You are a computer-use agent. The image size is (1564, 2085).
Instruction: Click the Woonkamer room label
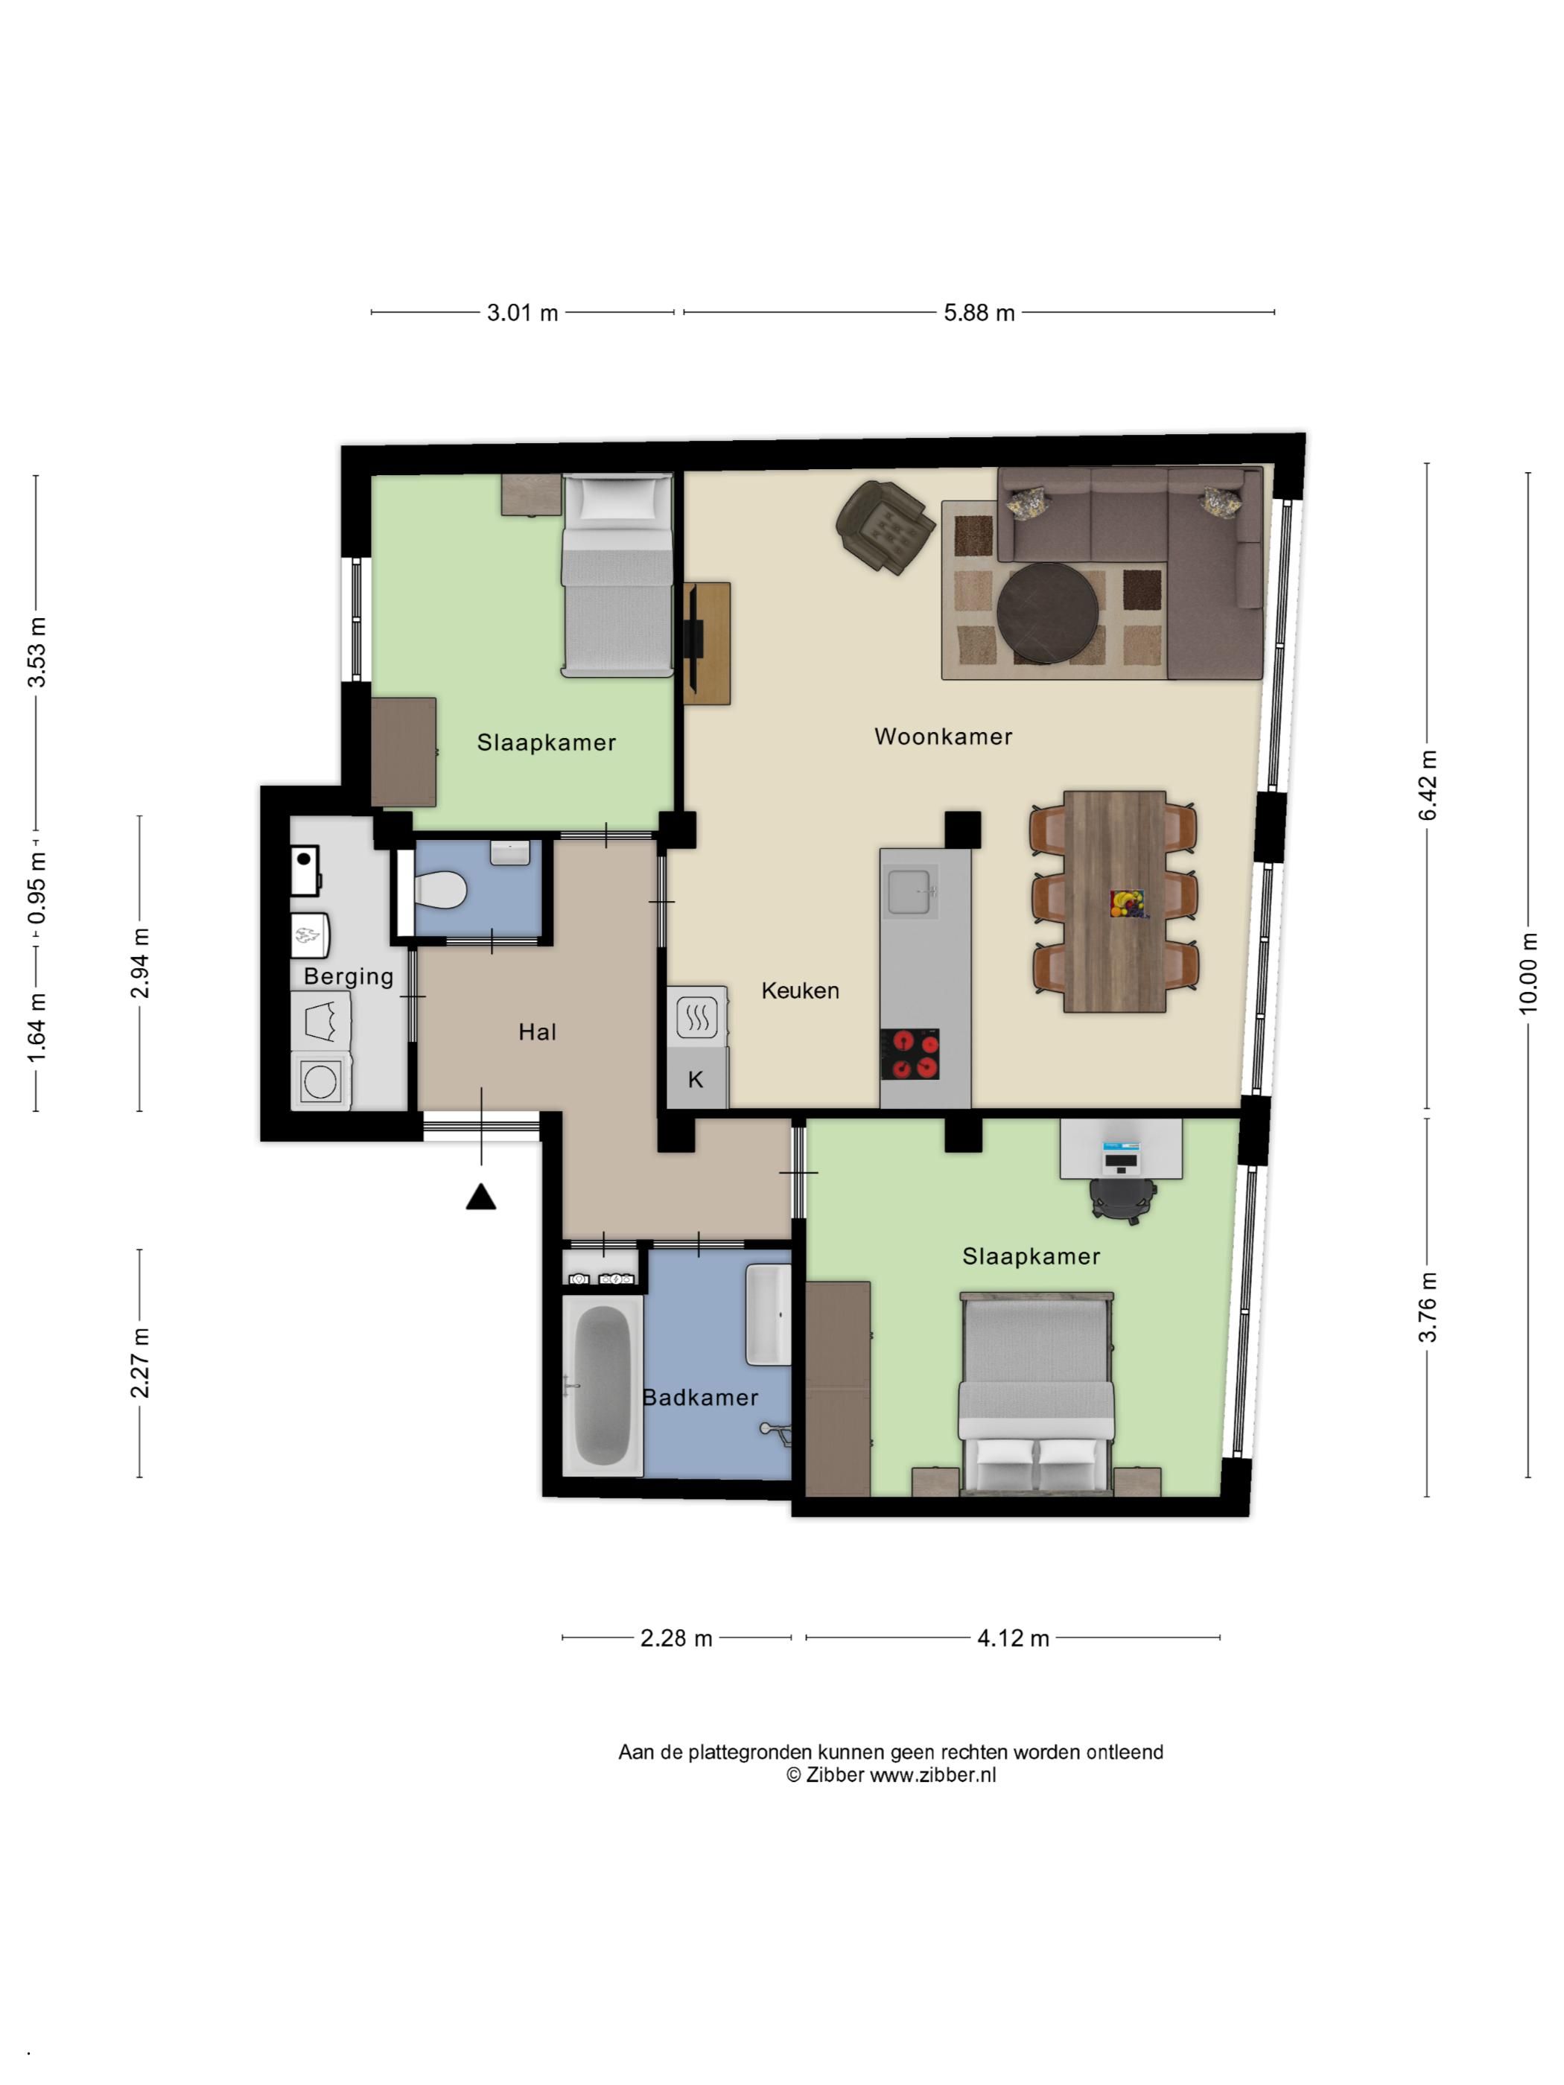coord(943,736)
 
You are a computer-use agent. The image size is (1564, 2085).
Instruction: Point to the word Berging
coord(349,976)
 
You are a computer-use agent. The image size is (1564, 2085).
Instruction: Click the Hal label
coord(538,1032)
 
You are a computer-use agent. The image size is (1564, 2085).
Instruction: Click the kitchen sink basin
coord(911,891)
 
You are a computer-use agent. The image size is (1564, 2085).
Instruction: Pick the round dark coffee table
coord(1047,614)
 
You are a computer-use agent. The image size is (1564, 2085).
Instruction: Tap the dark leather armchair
coord(884,526)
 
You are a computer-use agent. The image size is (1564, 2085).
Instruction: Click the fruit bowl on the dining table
coord(1127,903)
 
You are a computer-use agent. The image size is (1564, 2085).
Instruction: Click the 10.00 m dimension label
coord(1528,974)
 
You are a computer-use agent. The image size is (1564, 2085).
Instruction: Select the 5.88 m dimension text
coord(979,313)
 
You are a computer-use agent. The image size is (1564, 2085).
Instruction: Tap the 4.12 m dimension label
coord(1012,1638)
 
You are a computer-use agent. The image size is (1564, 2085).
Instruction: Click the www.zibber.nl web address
coord(932,1775)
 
